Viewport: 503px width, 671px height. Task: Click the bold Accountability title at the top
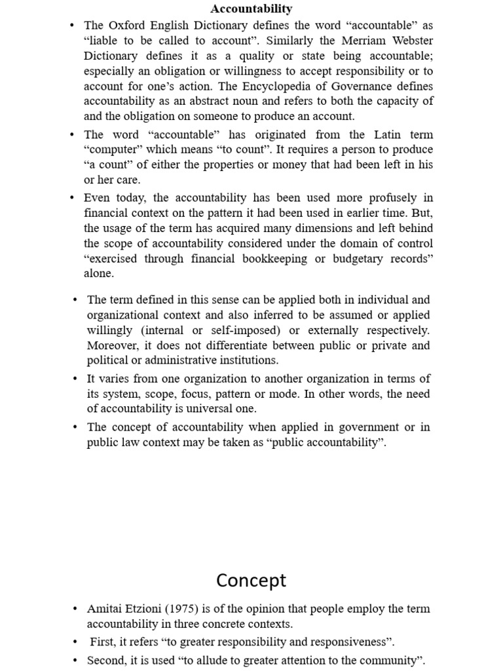(x=251, y=9)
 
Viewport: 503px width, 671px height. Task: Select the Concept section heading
(x=251, y=581)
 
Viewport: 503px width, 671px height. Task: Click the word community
(x=385, y=660)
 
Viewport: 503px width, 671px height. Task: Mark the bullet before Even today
(x=71, y=198)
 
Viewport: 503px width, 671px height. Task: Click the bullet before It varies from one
(x=75, y=379)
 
